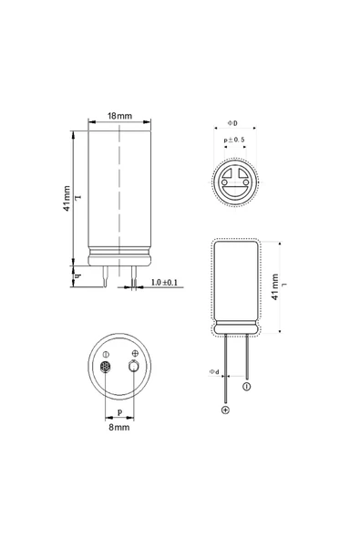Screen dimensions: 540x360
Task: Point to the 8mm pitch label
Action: (119, 426)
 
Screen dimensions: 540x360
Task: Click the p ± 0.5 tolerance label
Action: (236, 140)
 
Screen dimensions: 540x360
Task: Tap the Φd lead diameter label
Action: (214, 371)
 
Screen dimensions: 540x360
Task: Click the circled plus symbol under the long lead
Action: (225, 411)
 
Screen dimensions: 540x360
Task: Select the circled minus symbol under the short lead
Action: (246, 388)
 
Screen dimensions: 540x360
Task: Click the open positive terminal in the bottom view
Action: (135, 367)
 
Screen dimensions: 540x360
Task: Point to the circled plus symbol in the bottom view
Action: (136, 353)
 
